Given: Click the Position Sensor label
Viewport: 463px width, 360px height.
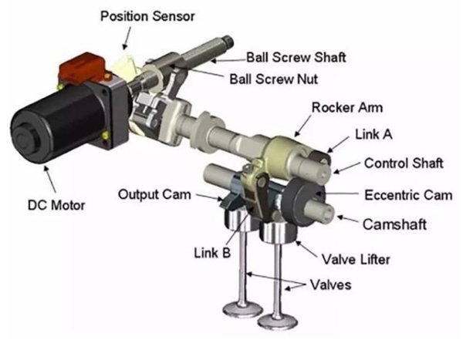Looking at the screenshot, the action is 147,16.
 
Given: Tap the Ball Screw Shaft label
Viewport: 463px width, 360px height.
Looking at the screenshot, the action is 296,57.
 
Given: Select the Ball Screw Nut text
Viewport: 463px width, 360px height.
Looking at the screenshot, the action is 274,79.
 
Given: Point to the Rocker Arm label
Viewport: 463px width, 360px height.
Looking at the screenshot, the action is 347,107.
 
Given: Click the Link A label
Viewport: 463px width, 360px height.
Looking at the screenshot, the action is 373,134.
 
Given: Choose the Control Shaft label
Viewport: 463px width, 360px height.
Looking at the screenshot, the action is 404,163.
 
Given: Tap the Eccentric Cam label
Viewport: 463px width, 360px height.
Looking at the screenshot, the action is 408,195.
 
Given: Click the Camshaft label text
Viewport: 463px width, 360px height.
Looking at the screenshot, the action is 394,224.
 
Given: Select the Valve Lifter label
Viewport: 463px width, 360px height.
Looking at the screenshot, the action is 356,259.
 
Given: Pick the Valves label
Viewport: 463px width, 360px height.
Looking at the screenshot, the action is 331,284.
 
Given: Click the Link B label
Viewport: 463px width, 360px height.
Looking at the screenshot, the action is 212,253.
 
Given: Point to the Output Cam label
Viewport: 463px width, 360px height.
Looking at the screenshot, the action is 154,194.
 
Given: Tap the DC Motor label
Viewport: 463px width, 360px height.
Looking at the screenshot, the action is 56,205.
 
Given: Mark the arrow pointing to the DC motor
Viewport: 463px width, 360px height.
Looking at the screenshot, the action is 49,179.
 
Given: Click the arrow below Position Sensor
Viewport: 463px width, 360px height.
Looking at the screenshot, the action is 127,39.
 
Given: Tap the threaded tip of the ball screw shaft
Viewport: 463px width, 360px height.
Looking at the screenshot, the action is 228,42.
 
